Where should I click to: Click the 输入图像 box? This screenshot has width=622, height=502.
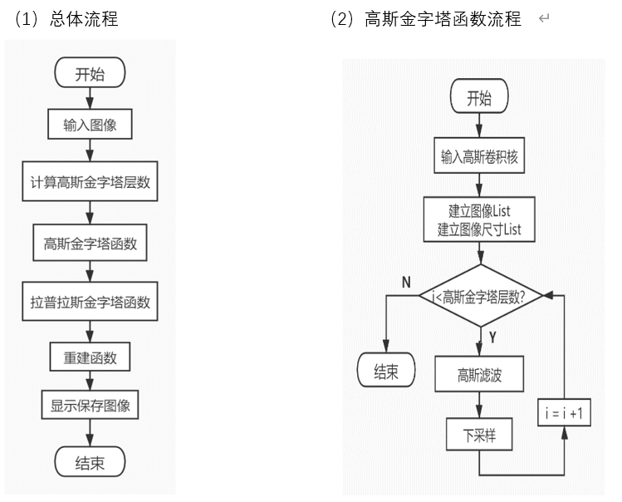click(x=90, y=126)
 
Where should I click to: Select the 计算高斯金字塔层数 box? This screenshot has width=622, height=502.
click(x=90, y=183)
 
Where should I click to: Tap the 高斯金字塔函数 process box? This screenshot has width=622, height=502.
click(x=90, y=244)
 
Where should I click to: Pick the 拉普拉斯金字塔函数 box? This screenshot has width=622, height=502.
click(x=90, y=303)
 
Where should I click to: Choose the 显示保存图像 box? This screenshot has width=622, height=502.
click(x=90, y=406)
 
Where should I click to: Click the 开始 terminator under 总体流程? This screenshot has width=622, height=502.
click(x=90, y=74)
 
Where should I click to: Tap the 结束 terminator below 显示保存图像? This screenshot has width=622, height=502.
click(x=90, y=462)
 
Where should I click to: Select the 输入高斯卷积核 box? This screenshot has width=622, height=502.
click(x=479, y=155)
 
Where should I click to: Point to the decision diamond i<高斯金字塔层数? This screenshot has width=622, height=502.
click(x=480, y=295)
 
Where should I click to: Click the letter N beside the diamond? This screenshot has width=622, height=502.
click(x=406, y=283)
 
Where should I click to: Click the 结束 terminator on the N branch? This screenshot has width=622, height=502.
click(x=387, y=371)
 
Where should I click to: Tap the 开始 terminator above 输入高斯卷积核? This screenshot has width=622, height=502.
click(x=479, y=98)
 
